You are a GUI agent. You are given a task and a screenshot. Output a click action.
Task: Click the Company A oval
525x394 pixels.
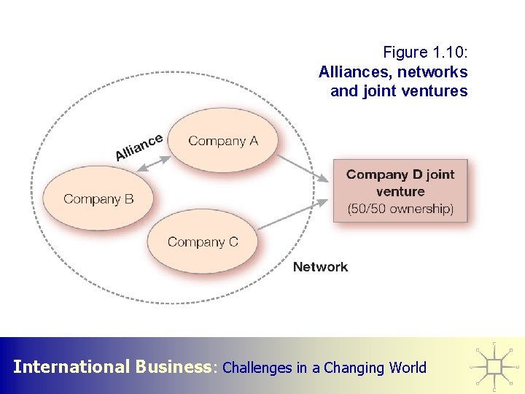point(223,141)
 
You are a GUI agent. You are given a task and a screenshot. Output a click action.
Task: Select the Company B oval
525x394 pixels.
point(98,198)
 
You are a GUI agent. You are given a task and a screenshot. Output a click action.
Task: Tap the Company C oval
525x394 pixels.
point(203,242)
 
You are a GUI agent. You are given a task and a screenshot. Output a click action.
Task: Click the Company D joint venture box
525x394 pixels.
point(400,191)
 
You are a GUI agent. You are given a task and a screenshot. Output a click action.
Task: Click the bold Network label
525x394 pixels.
point(320,267)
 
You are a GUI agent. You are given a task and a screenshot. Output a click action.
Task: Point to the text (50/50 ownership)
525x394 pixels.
point(400,209)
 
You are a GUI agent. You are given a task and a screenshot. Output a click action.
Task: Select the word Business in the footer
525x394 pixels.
point(174,367)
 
